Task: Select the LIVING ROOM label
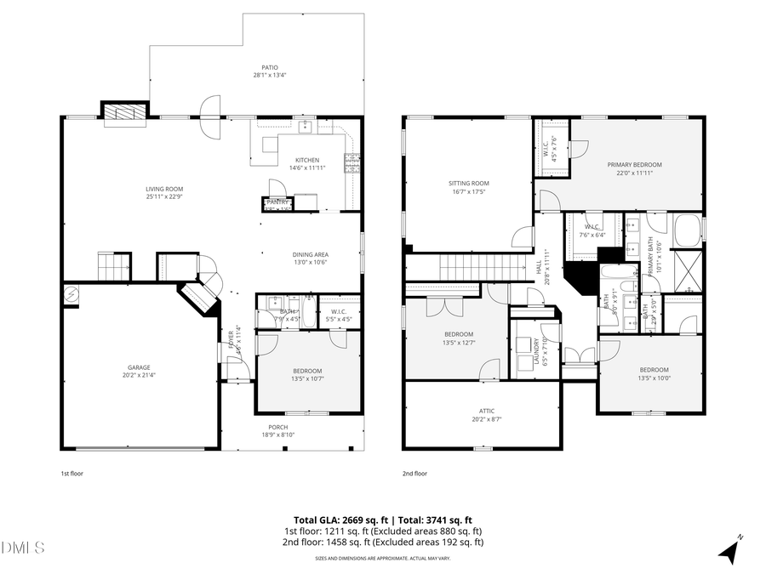pos(164,190)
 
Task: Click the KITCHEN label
pos(307,161)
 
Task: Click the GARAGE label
pos(139,368)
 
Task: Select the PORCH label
pos(277,428)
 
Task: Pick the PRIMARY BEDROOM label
pos(634,165)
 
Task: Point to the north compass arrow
pos(729,550)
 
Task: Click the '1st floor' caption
pos(71,474)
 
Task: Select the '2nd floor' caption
pos(414,474)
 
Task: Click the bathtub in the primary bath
pos(687,230)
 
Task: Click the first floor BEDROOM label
pos(307,371)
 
